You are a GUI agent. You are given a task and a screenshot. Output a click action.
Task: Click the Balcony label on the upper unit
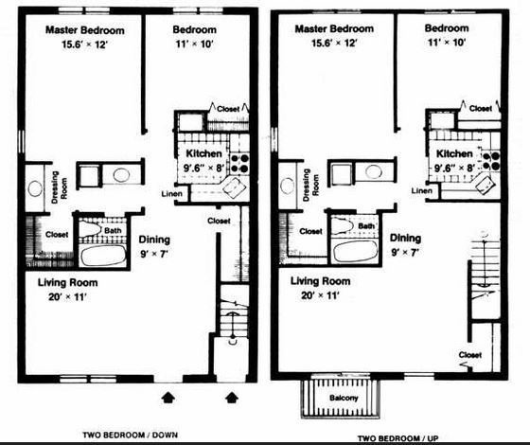pos(344,398)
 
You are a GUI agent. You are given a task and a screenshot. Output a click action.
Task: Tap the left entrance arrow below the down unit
pos(168,398)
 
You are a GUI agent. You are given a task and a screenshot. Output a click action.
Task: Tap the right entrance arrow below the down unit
pos(232,398)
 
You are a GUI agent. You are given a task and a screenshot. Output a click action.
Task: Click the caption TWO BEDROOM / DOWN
pos(131,435)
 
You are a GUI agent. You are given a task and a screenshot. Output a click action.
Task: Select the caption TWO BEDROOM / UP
pos(398,438)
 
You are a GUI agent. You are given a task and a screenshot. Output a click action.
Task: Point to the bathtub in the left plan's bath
pos(103,256)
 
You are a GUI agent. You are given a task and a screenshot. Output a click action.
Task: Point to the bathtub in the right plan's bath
pos(356,251)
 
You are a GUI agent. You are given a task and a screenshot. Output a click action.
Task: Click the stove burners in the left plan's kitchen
pos(240,163)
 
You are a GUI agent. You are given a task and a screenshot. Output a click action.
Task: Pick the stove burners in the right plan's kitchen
pos(491,161)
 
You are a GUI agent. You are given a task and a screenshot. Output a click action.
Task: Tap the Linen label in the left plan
pos(171,194)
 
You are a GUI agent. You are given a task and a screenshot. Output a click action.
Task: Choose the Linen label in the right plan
pos(421,190)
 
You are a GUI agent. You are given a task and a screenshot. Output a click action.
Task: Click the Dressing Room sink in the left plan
pos(35,188)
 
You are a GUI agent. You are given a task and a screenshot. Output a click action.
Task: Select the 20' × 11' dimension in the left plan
pos(67,297)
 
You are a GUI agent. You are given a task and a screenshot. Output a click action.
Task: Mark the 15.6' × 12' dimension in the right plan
pos(334,43)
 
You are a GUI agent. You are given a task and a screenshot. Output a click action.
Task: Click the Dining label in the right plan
pos(405,238)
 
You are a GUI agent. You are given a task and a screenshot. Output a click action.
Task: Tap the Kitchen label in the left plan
pos(203,153)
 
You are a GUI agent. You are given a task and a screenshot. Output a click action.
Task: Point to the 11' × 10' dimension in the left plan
pos(194,44)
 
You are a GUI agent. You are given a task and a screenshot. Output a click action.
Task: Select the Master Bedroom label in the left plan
pos(85,30)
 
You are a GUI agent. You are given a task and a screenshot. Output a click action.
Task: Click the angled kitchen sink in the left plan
pos(235,187)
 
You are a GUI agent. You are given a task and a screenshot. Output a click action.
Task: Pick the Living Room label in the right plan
pos(321,281)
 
